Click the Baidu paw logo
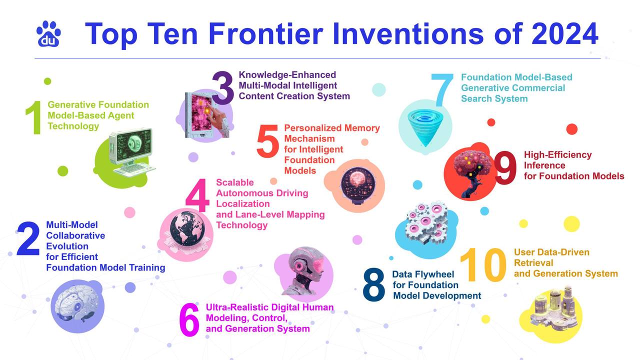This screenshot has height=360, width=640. point(48,33)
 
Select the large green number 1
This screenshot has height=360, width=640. point(34,117)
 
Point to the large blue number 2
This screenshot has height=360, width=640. point(28,239)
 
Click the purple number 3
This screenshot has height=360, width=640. point(223,87)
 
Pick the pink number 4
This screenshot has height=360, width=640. point(197,195)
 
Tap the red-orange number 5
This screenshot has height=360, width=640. point(267,141)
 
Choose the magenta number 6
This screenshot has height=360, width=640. point(189,319)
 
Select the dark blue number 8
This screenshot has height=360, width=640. point(373,284)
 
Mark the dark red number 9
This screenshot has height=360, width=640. point(505,167)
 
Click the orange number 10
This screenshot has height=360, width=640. point(483,264)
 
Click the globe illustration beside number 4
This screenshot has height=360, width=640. point(187,229)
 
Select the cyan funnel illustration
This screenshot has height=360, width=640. point(425,127)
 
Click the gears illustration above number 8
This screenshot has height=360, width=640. point(426,222)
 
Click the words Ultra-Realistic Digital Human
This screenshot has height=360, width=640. point(269,307)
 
